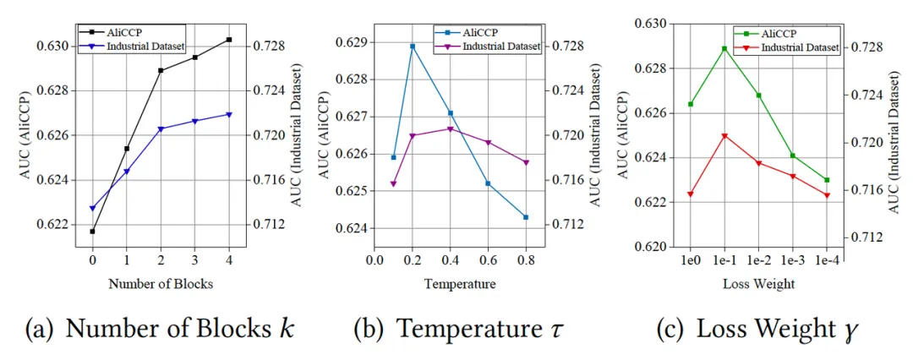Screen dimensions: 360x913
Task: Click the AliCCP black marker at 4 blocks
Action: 229,40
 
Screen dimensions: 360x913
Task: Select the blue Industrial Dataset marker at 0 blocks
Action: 92,208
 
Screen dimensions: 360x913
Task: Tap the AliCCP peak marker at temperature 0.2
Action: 413,46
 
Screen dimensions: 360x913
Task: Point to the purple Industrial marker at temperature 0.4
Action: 450,128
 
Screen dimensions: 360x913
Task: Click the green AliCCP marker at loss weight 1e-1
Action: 724,48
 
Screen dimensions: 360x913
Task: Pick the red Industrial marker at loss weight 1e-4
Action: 827,195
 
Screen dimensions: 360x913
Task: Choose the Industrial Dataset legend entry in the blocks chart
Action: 146,45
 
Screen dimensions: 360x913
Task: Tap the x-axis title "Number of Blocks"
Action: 161,284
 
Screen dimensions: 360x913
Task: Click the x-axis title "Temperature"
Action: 458,284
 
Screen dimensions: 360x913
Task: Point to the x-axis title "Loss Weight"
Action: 758,284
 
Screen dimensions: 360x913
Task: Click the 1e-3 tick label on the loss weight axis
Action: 793,263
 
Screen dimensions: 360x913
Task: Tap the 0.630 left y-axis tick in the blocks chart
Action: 53,46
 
